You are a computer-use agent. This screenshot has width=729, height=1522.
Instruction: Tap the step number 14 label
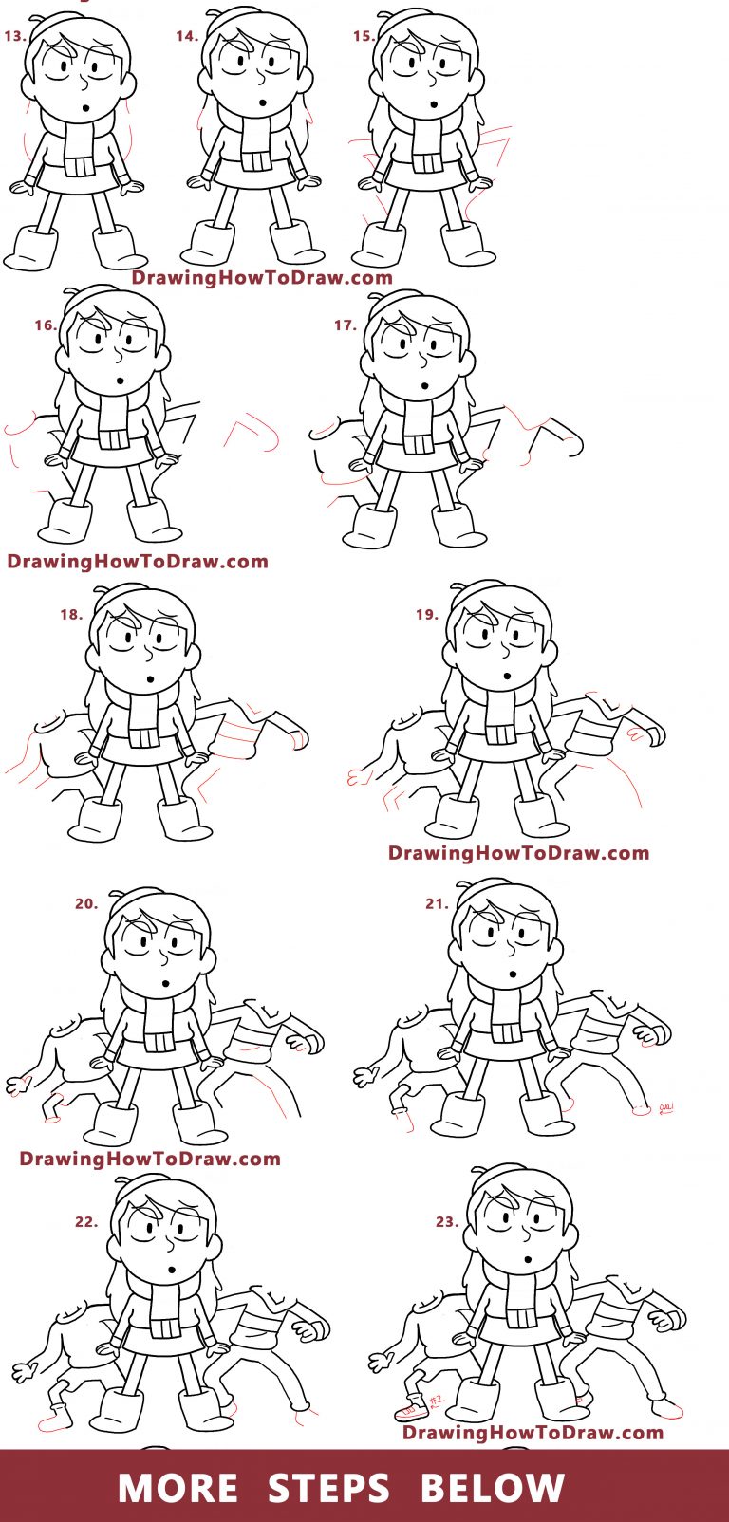(187, 36)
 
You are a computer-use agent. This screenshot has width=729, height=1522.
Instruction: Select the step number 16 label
(46, 325)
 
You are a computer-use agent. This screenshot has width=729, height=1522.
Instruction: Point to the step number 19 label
(427, 615)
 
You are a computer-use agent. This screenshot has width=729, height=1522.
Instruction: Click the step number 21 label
(437, 904)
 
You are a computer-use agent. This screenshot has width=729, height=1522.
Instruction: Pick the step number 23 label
(447, 1222)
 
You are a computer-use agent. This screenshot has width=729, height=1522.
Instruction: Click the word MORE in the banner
(178, 1488)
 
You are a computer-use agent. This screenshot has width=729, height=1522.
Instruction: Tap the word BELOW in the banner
(492, 1488)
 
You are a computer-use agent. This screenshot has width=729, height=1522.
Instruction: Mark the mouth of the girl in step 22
(172, 1270)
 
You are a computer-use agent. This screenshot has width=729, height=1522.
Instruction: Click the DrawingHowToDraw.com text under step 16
(138, 562)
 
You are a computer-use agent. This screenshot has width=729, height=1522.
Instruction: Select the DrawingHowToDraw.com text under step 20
(150, 1159)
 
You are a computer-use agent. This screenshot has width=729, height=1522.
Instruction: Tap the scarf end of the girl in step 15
(428, 162)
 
